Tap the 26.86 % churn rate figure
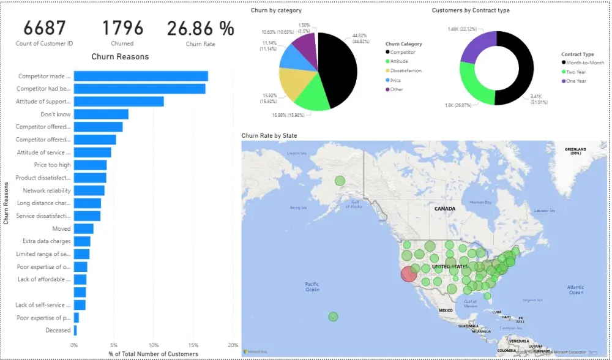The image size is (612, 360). coord(200,28)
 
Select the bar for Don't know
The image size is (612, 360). coord(101,114)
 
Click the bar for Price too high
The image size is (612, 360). coord(90,165)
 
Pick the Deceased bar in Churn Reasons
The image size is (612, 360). coord(75,331)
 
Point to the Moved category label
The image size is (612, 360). coord(61,229)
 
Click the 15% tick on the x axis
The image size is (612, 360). coord(193,345)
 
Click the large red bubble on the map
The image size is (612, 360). coord(409,274)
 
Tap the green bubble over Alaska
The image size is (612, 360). coord(340,181)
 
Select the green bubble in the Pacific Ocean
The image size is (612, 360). coord(333,317)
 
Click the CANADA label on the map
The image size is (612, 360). coord(444,209)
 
